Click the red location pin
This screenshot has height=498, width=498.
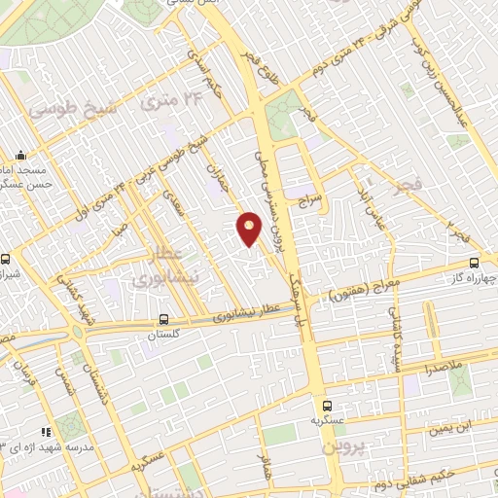tap(250, 228)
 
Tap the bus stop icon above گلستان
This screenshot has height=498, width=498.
tap(163, 318)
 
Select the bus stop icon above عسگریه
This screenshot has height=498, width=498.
tap(326, 407)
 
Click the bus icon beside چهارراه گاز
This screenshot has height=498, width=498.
tap(474, 263)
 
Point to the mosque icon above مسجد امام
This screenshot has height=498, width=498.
tap(20, 155)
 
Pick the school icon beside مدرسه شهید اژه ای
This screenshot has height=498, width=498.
tap(44, 431)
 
